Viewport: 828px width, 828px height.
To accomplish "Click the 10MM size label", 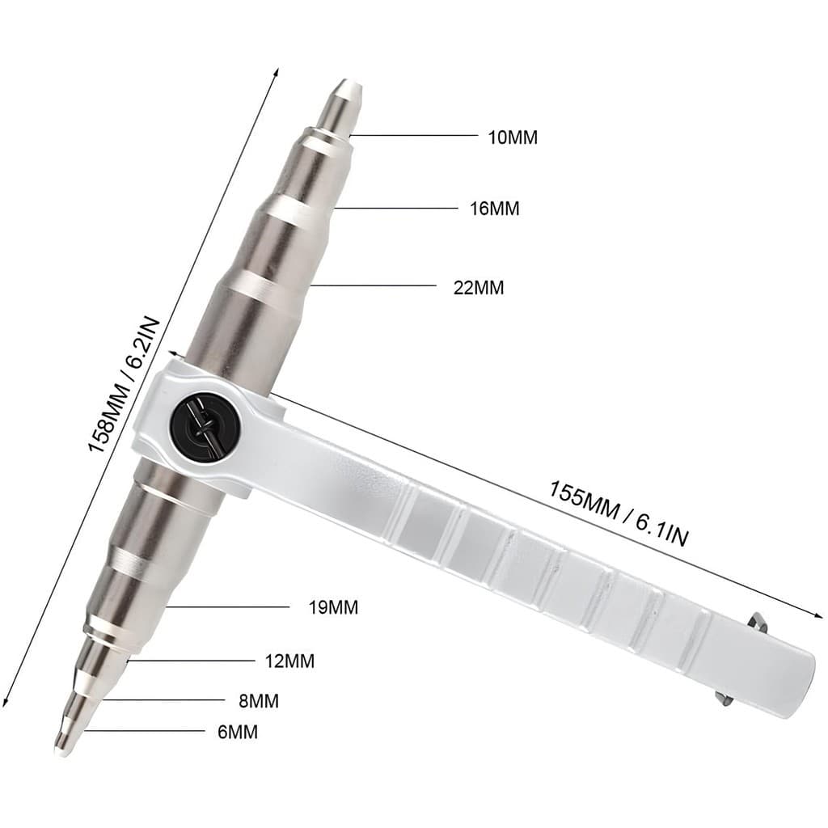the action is pos(512,137).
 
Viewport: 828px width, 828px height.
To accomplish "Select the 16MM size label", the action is pos(495,209).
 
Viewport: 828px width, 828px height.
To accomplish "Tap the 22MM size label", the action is pos(479,288).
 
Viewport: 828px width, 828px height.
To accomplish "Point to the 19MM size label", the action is pos(333,607).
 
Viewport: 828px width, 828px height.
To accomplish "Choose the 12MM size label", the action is pos(289,661).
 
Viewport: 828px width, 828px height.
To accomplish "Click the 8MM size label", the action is pos(259,701).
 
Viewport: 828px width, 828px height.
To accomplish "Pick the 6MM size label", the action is pos(238,732).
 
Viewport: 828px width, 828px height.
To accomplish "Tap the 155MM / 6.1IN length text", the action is pos(619,513).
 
